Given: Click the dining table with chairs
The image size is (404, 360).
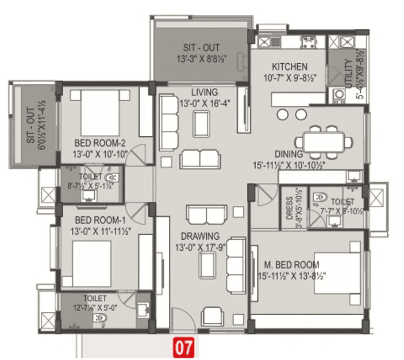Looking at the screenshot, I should pyautogui.click(x=322, y=140).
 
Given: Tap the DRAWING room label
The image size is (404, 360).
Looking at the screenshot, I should pyautogui.click(x=200, y=236).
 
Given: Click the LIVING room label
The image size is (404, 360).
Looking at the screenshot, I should pyautogui.click(x=205, y=92).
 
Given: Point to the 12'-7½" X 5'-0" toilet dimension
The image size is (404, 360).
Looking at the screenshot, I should pyautogui.click(x=95, y=308).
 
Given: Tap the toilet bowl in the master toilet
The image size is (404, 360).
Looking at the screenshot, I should pyautogui.click(x=320, y=197).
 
